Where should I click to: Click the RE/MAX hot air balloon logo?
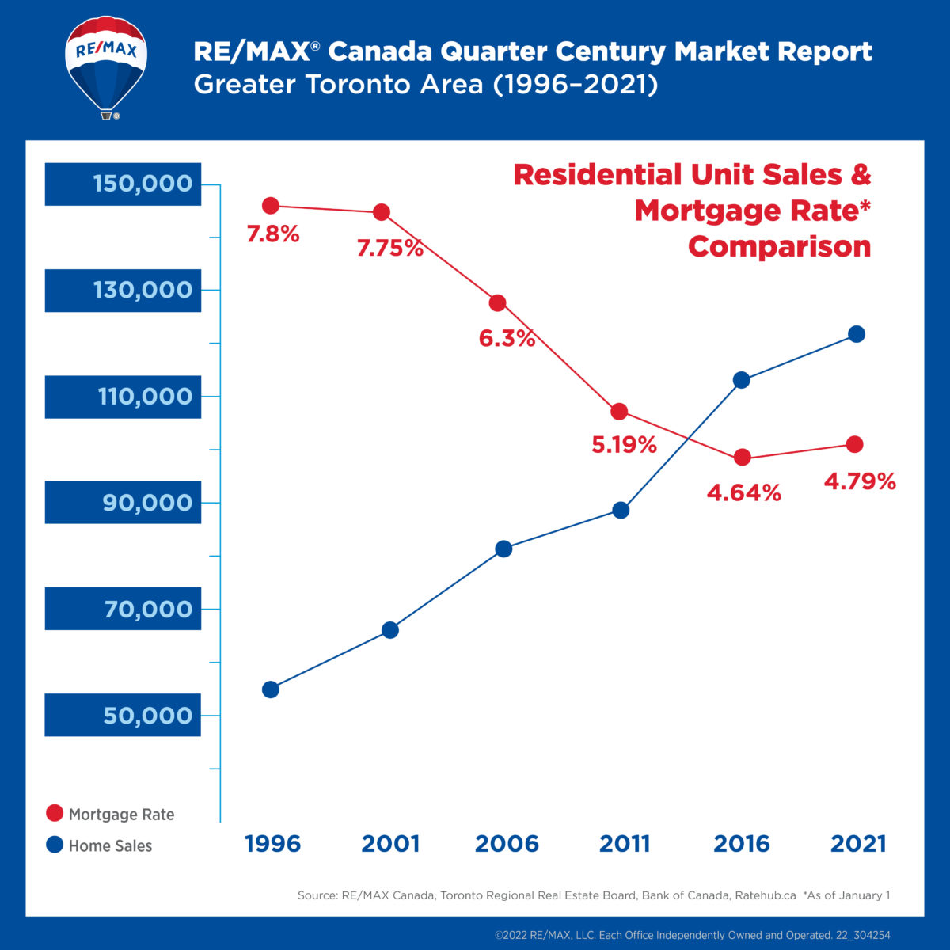tap(106, 66)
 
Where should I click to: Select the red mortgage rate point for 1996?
tap(271, 206)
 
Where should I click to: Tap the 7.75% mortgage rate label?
tap(389, 249)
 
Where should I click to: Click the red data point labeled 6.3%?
tap(498, 303)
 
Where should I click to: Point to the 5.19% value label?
tap(624, 445)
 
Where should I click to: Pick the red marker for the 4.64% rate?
tap(742, 458)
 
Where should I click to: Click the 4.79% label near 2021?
tap(860, 481)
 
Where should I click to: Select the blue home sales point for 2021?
tap(856, 334)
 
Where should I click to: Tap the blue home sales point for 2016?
tap(742, 380)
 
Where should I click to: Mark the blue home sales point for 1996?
tap(271, 690)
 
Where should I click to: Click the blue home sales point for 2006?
tap(503, 549)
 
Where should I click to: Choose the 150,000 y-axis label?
tap(142, 184)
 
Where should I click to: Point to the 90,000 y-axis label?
tap(146, 503)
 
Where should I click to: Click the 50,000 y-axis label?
tap(147, 716)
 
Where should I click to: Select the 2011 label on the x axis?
tap(624, 844)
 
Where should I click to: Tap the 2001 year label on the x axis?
tap(390, 844)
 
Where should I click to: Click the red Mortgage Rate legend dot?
tap(55, 814)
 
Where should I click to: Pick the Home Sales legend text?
tap(110, 845)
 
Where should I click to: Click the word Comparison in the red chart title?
tap(779, 246)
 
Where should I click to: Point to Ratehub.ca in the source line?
tap(765, 895)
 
